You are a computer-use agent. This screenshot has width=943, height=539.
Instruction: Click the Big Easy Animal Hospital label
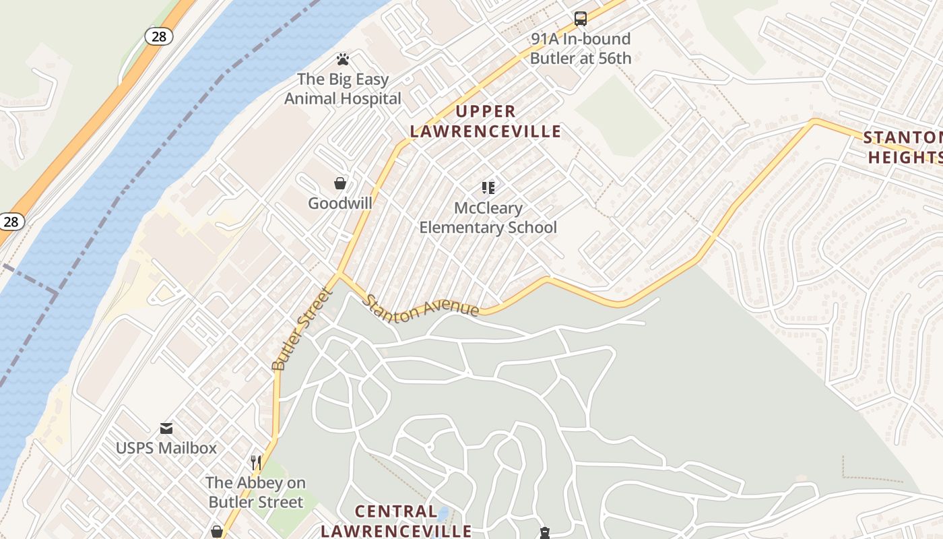point(343,89)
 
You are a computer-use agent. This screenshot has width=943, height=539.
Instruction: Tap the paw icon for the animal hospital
point(342,59)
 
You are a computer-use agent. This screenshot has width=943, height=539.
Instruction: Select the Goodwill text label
point(340,203)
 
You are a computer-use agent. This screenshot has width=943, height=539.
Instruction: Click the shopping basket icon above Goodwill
point(340,183)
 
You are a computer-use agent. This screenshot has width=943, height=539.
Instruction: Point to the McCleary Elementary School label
point(488,218)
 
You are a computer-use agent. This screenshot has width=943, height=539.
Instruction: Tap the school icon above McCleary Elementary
point(488,188)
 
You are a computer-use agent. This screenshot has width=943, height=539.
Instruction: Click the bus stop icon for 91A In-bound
point(580,19)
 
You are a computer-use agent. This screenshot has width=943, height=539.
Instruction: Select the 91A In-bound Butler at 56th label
point(581,49)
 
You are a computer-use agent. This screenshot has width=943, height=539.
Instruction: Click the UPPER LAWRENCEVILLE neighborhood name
point(486,121)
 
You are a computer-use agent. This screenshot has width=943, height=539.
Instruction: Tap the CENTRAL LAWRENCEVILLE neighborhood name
point(396,521)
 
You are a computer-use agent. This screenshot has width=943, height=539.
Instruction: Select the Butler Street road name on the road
point(302,329)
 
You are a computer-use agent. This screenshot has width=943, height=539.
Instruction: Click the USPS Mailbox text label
point(166,448)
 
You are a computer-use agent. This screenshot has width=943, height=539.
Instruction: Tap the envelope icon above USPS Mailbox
point(166,428)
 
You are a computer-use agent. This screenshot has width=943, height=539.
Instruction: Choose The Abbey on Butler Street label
point(255,492)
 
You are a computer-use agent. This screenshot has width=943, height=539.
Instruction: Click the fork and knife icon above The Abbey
point(256,462)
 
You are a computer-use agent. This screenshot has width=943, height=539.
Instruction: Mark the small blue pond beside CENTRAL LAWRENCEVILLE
point(443,515)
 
